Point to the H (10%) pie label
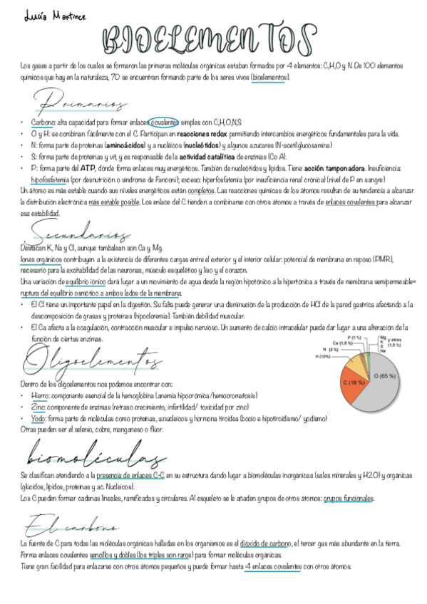tap(322, 357)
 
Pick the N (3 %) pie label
tap(330, 350)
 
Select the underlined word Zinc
tap(38, 406)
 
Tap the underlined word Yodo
tap(38, 419)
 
